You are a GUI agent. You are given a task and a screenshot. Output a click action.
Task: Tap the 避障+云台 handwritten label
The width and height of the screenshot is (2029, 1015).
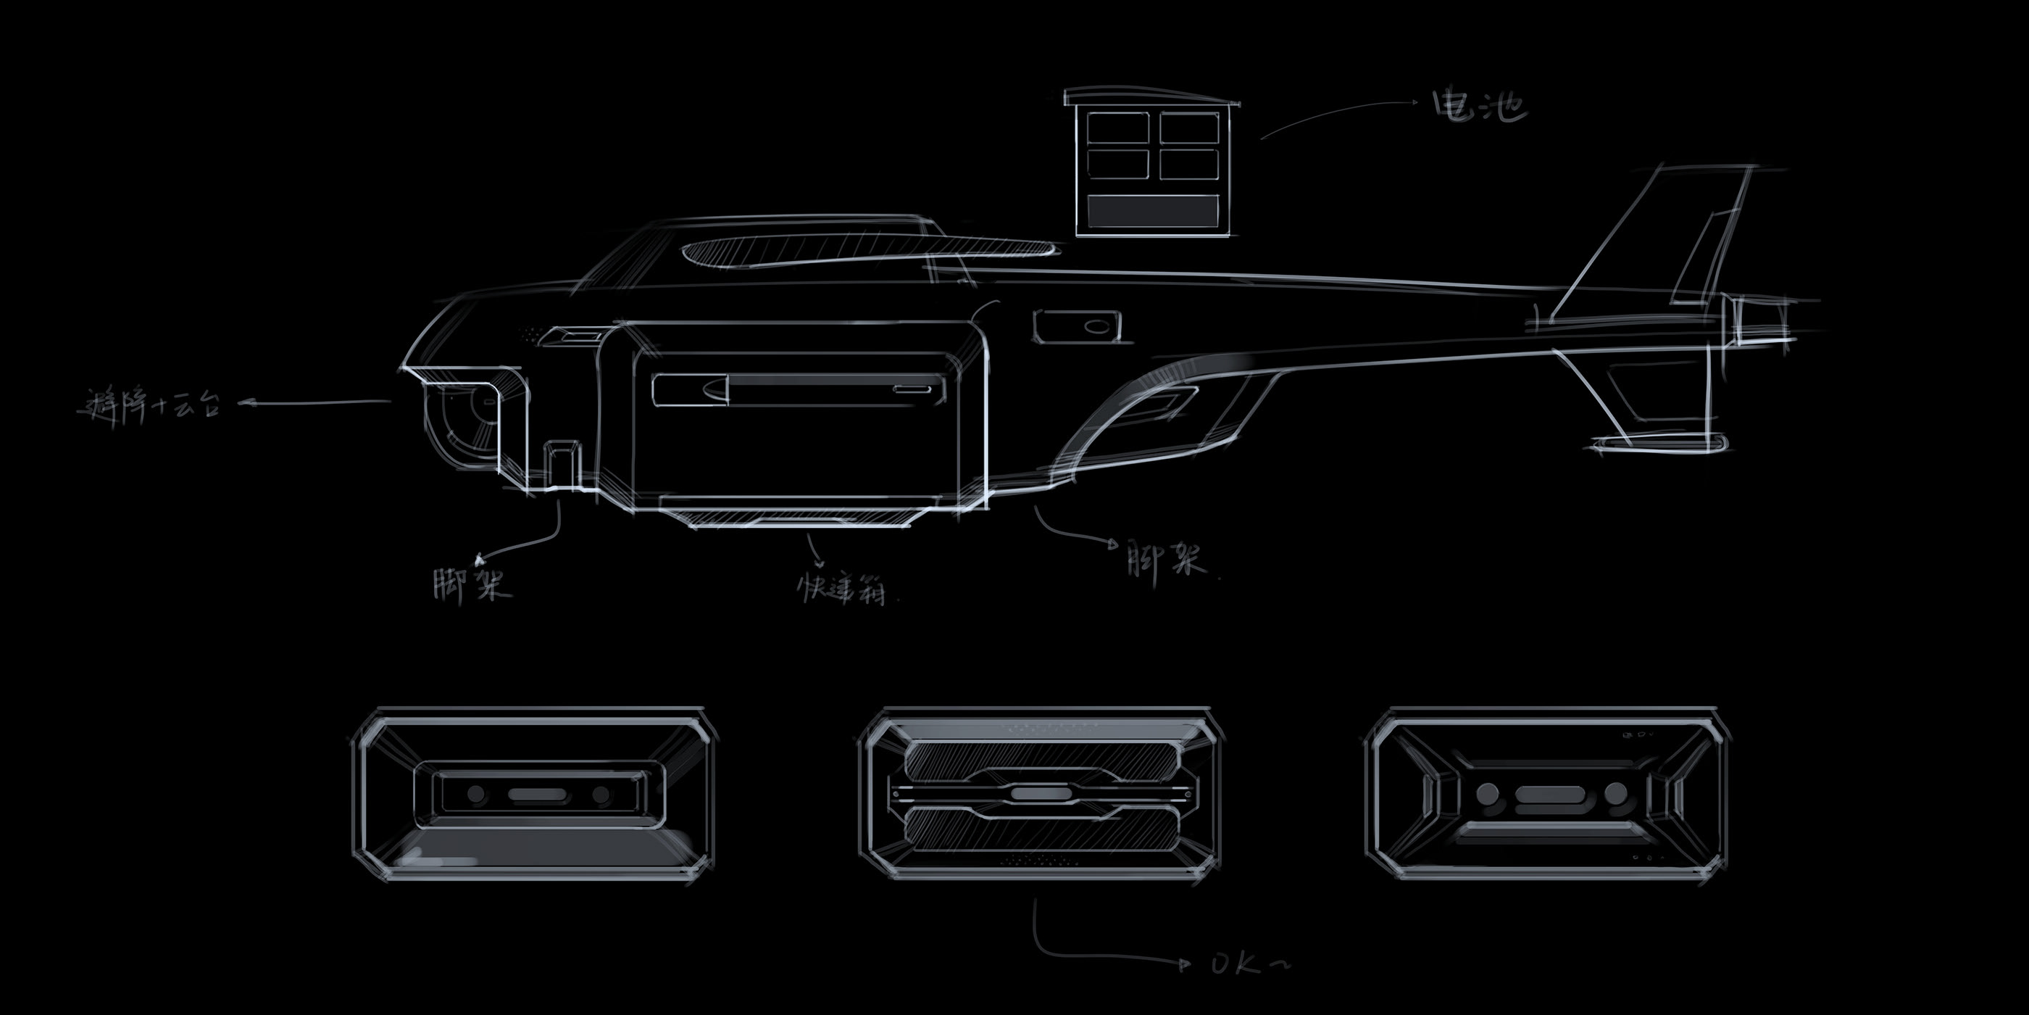(150, 407)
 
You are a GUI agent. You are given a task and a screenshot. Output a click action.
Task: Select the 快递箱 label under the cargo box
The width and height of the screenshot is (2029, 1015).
(841, 587)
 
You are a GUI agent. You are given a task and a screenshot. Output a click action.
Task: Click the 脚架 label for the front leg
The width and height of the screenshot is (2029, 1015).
(471, 583)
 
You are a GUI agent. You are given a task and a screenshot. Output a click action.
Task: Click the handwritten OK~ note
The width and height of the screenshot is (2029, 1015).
(1249, 963)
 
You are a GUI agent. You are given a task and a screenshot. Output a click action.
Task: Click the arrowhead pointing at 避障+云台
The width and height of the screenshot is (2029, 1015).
(245, 404)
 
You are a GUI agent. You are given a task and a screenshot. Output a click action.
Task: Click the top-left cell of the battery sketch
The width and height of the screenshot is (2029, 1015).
(1116, 127)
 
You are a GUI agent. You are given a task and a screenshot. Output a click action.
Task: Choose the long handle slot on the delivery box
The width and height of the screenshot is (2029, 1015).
(799, 389)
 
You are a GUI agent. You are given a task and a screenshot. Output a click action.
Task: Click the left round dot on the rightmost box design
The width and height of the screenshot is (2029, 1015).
(1487, 794)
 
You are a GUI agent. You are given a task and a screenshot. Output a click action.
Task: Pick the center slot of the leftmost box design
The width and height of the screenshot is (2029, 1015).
(537, 794)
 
